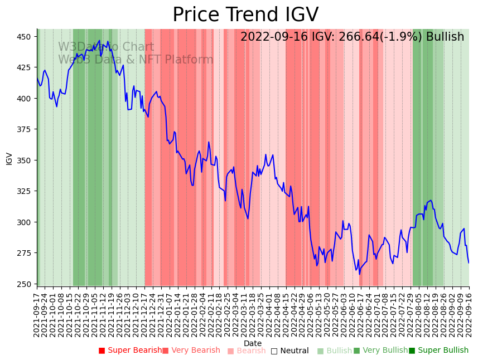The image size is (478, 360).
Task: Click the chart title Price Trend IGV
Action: point(245,15)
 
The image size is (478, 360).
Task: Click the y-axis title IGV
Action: point(9,158)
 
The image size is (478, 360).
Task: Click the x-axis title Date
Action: point(253,344)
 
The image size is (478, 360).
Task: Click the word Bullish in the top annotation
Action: point(445,37)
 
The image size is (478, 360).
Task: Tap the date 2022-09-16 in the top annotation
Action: point(272,37)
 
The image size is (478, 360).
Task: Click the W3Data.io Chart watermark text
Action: point(106,47)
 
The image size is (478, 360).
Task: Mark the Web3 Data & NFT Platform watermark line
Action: point(136,60)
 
